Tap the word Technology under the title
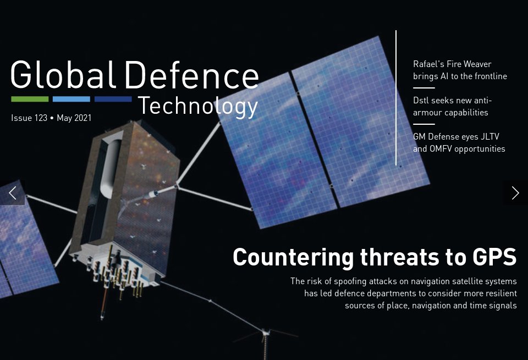(x=197, y=106)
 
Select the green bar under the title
(x=30, y=99)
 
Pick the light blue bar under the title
(x=71, y=99)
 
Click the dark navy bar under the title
(x=113, y=99)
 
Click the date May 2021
(x=74, y=118)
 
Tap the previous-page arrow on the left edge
(x=12, y=192)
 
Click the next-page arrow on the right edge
(x=515, y=192)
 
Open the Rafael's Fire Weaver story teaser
(x=460, y=70)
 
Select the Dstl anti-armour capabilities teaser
(x=452, y=107)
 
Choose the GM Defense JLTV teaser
(x=459, y=143)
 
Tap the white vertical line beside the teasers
(x=396, y=98)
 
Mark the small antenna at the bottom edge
(x=265, y=338)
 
